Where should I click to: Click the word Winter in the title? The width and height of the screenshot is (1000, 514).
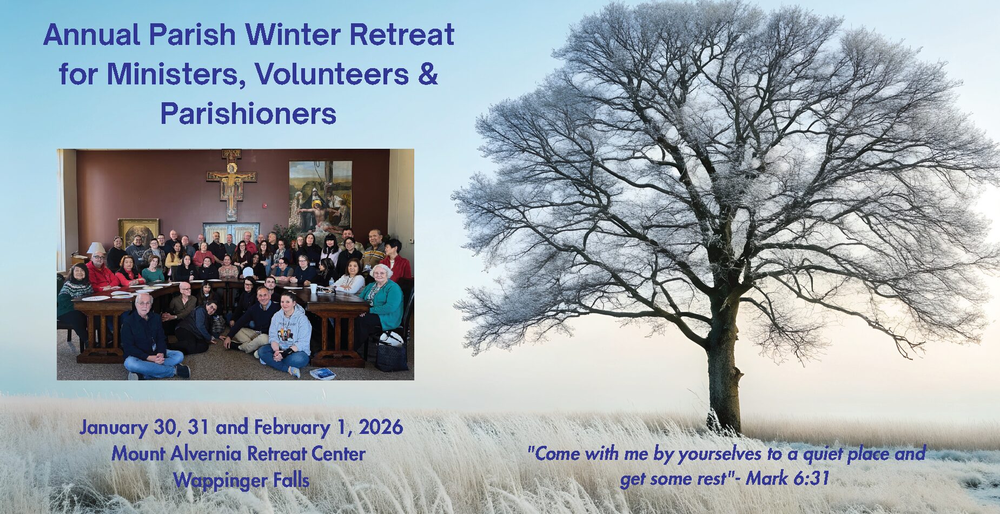pos(293,35)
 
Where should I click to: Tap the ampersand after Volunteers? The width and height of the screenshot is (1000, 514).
pos(427,74)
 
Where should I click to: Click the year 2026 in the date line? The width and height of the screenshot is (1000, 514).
pos(381,427)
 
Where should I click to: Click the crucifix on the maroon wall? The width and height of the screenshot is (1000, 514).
pos(231,183)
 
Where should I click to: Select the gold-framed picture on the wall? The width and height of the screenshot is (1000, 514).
pos(138,232)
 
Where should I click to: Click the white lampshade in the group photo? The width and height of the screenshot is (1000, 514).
pos(96,248)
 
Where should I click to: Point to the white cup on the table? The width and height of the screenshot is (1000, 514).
pos(313,288)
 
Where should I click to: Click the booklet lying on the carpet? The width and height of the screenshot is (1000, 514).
pos(323,373)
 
